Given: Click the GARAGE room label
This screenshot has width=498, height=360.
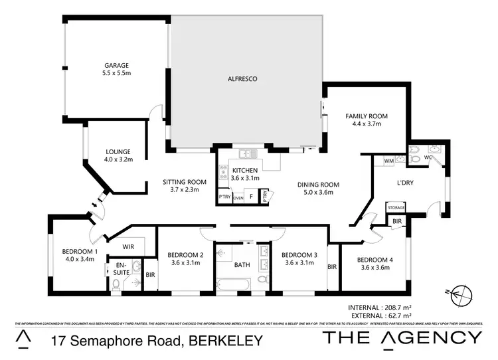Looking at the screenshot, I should point(116,65).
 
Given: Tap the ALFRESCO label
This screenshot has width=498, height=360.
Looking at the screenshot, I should point(244,78).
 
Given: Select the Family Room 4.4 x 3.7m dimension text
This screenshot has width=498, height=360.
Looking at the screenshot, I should point(366,124).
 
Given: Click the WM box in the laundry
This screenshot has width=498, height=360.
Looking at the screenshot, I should point(388,161).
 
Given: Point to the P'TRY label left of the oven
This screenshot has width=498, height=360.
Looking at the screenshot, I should point(224,197).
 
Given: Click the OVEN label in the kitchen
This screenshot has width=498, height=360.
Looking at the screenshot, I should point(238,198).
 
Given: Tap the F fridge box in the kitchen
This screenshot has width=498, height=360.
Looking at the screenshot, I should point(251,197).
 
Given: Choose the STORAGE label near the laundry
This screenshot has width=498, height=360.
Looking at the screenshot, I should point(396,208).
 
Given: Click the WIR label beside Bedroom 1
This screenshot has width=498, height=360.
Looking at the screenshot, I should point(129,244).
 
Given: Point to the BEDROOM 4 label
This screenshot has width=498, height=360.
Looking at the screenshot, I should point(375,260).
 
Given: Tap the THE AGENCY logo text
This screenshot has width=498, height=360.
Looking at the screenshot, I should point(402,337).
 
